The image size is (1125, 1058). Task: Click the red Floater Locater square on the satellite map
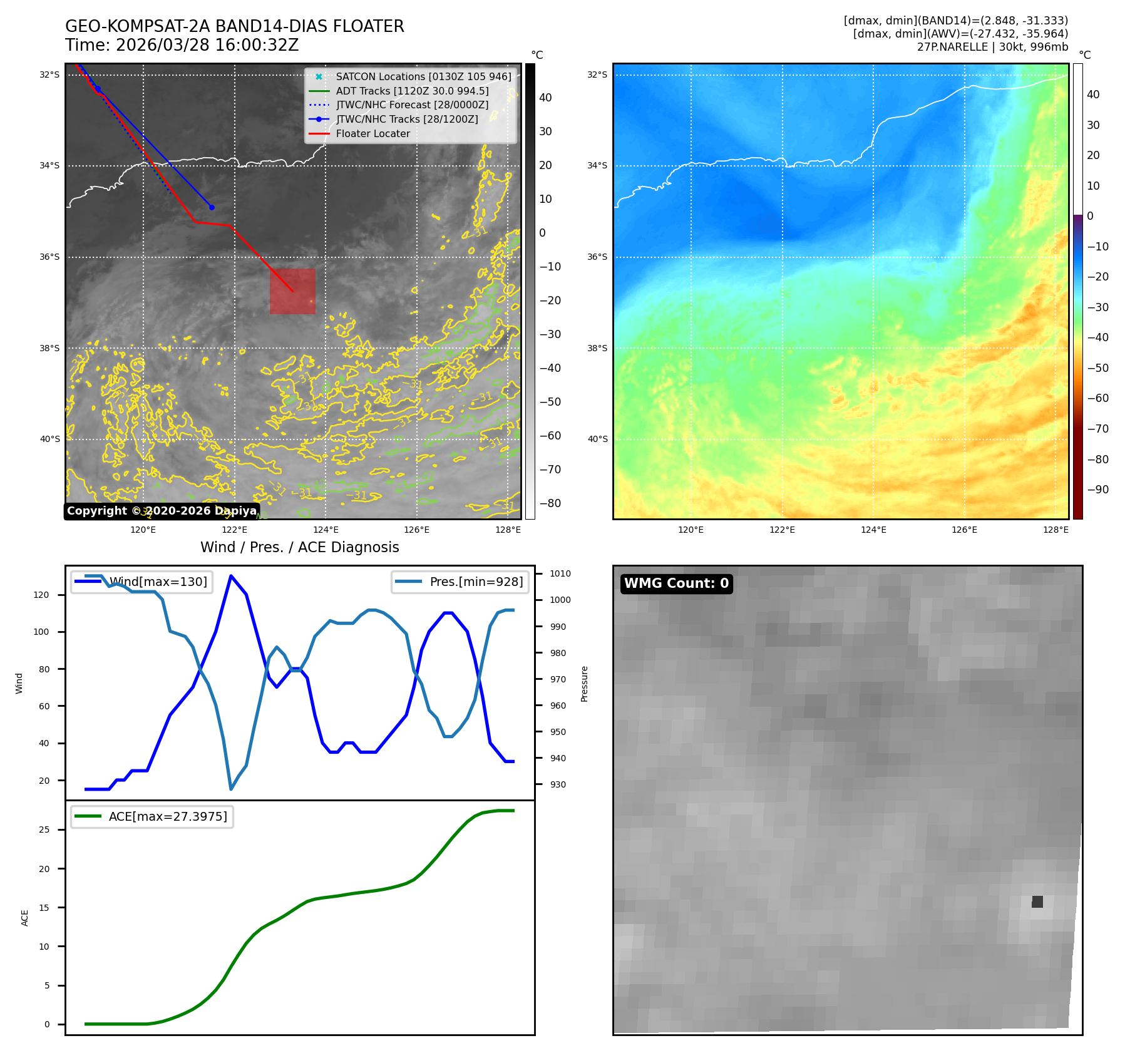click(x=292, y=291)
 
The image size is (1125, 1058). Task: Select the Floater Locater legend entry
click(x=372, y=133)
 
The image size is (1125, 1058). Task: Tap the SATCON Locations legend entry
click(x=423, y=76)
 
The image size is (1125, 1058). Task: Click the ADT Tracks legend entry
click(x=412, y=91)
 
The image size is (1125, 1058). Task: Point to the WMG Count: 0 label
click(x=676, y=583)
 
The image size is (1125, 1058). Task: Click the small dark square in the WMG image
click(x=1037, y=901)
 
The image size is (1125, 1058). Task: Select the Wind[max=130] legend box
click(x=141, y=582)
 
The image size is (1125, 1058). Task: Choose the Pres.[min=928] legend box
click(x=460, y=582)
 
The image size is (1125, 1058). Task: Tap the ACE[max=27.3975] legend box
click(x=152, y=816)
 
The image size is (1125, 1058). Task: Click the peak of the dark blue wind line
click(x=231, y=576)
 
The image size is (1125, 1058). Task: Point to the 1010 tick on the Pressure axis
click(x=560, y=573)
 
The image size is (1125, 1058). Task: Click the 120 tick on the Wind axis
click(x=41, y=595)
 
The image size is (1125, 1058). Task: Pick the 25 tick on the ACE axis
click(x=44, y=829)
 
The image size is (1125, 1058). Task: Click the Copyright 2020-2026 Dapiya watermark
click(x=162, y=511)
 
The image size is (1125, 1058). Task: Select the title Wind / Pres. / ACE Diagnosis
click(x=299, y=547)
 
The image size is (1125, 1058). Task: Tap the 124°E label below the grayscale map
click(x=326, y=530)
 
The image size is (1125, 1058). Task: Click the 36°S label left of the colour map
click(x=597, y=257)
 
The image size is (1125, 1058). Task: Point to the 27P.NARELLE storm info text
click(x=992, y=47)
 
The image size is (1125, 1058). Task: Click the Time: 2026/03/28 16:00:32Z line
click(x=182, y=45)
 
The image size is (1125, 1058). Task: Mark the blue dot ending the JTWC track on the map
click(x=212, y=207)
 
